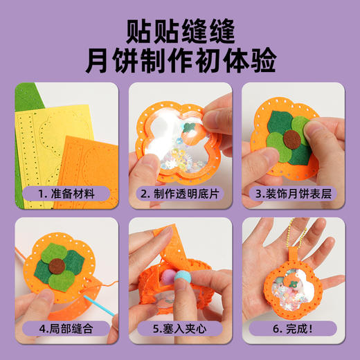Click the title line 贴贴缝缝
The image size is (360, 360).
pyautogui.click(x=180, y=29)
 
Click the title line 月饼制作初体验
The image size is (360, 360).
pyautogui.click(x=180, y=60)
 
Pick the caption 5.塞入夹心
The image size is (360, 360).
pyautogui.click(x=179, y=327)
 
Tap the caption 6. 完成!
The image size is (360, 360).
pyautogui.click(x=293, y=327)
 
